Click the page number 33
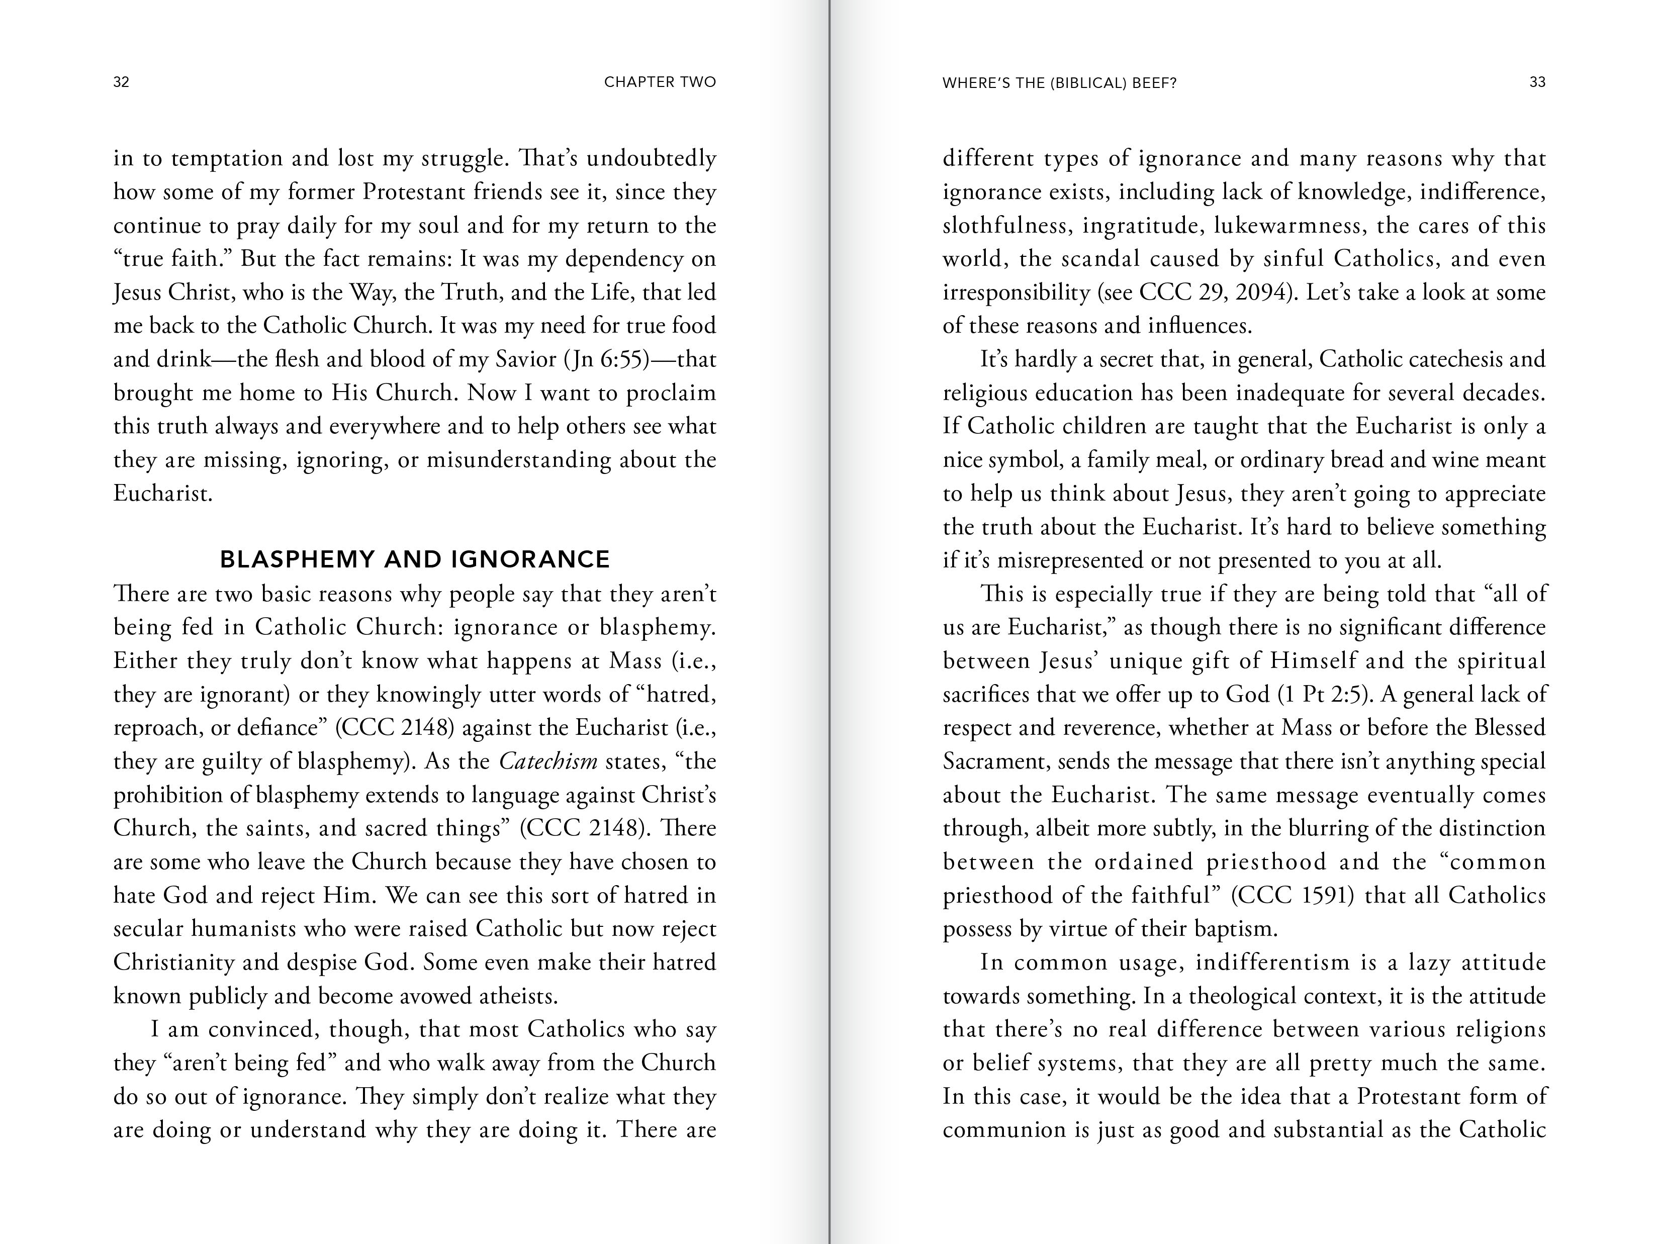coord(1537,82)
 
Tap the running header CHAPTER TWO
coord(660,82)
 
